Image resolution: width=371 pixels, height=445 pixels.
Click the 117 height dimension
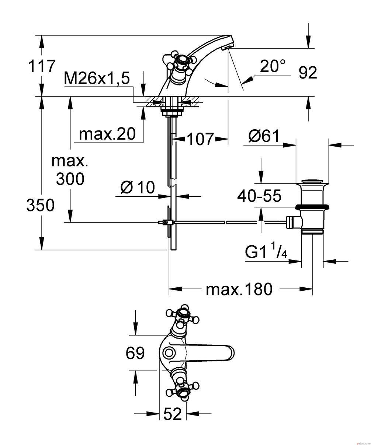point(42,66)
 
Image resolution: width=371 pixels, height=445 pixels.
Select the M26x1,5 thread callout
point(97,78)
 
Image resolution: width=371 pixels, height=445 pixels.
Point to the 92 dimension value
point(308,73)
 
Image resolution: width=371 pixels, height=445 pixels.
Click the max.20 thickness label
point(107,134)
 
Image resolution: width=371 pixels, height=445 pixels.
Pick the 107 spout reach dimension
point(200,139)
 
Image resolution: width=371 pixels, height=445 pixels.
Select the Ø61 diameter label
point(264,136)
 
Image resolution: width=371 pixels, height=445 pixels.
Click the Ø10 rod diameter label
point(138,188)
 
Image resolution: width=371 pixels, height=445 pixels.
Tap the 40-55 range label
point(259,196)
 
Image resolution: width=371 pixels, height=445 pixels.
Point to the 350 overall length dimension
point(41,205)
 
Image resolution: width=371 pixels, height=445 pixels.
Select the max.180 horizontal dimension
point(239,289)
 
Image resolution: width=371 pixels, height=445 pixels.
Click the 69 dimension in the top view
point(135,353)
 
